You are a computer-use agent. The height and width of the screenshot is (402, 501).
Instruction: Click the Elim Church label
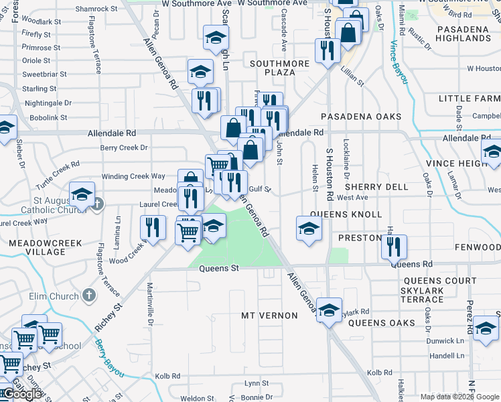[x=54, y=295]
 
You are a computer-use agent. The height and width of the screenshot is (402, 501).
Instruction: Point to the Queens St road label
[x=219, y=269]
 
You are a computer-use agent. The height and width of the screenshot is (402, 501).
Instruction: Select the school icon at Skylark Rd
[x=329, y=310]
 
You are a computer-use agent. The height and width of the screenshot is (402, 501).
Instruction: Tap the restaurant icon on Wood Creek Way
[x=153, y=226]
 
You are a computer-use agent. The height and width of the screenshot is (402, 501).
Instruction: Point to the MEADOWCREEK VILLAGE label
[x=38, y=247]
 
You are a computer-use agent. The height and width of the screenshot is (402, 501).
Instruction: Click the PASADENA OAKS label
[x=360, y=117]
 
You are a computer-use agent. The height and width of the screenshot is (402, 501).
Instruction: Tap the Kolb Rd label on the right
[x=379, y=373]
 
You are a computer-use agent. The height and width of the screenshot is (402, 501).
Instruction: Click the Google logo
[x=21, y=394]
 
